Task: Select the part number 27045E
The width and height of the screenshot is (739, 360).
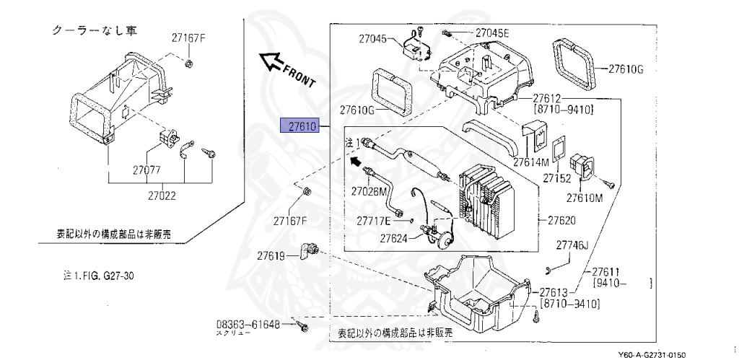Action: (492, 33)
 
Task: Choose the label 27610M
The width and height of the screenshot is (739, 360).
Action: (584, 198)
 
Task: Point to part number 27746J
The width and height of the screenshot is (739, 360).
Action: (572, 246)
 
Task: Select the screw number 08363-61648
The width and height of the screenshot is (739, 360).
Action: (248, 325)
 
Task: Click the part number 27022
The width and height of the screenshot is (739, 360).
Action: (162, 195)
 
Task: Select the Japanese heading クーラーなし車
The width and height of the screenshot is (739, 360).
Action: (96, 31)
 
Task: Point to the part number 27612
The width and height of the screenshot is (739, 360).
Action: (547, 98)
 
